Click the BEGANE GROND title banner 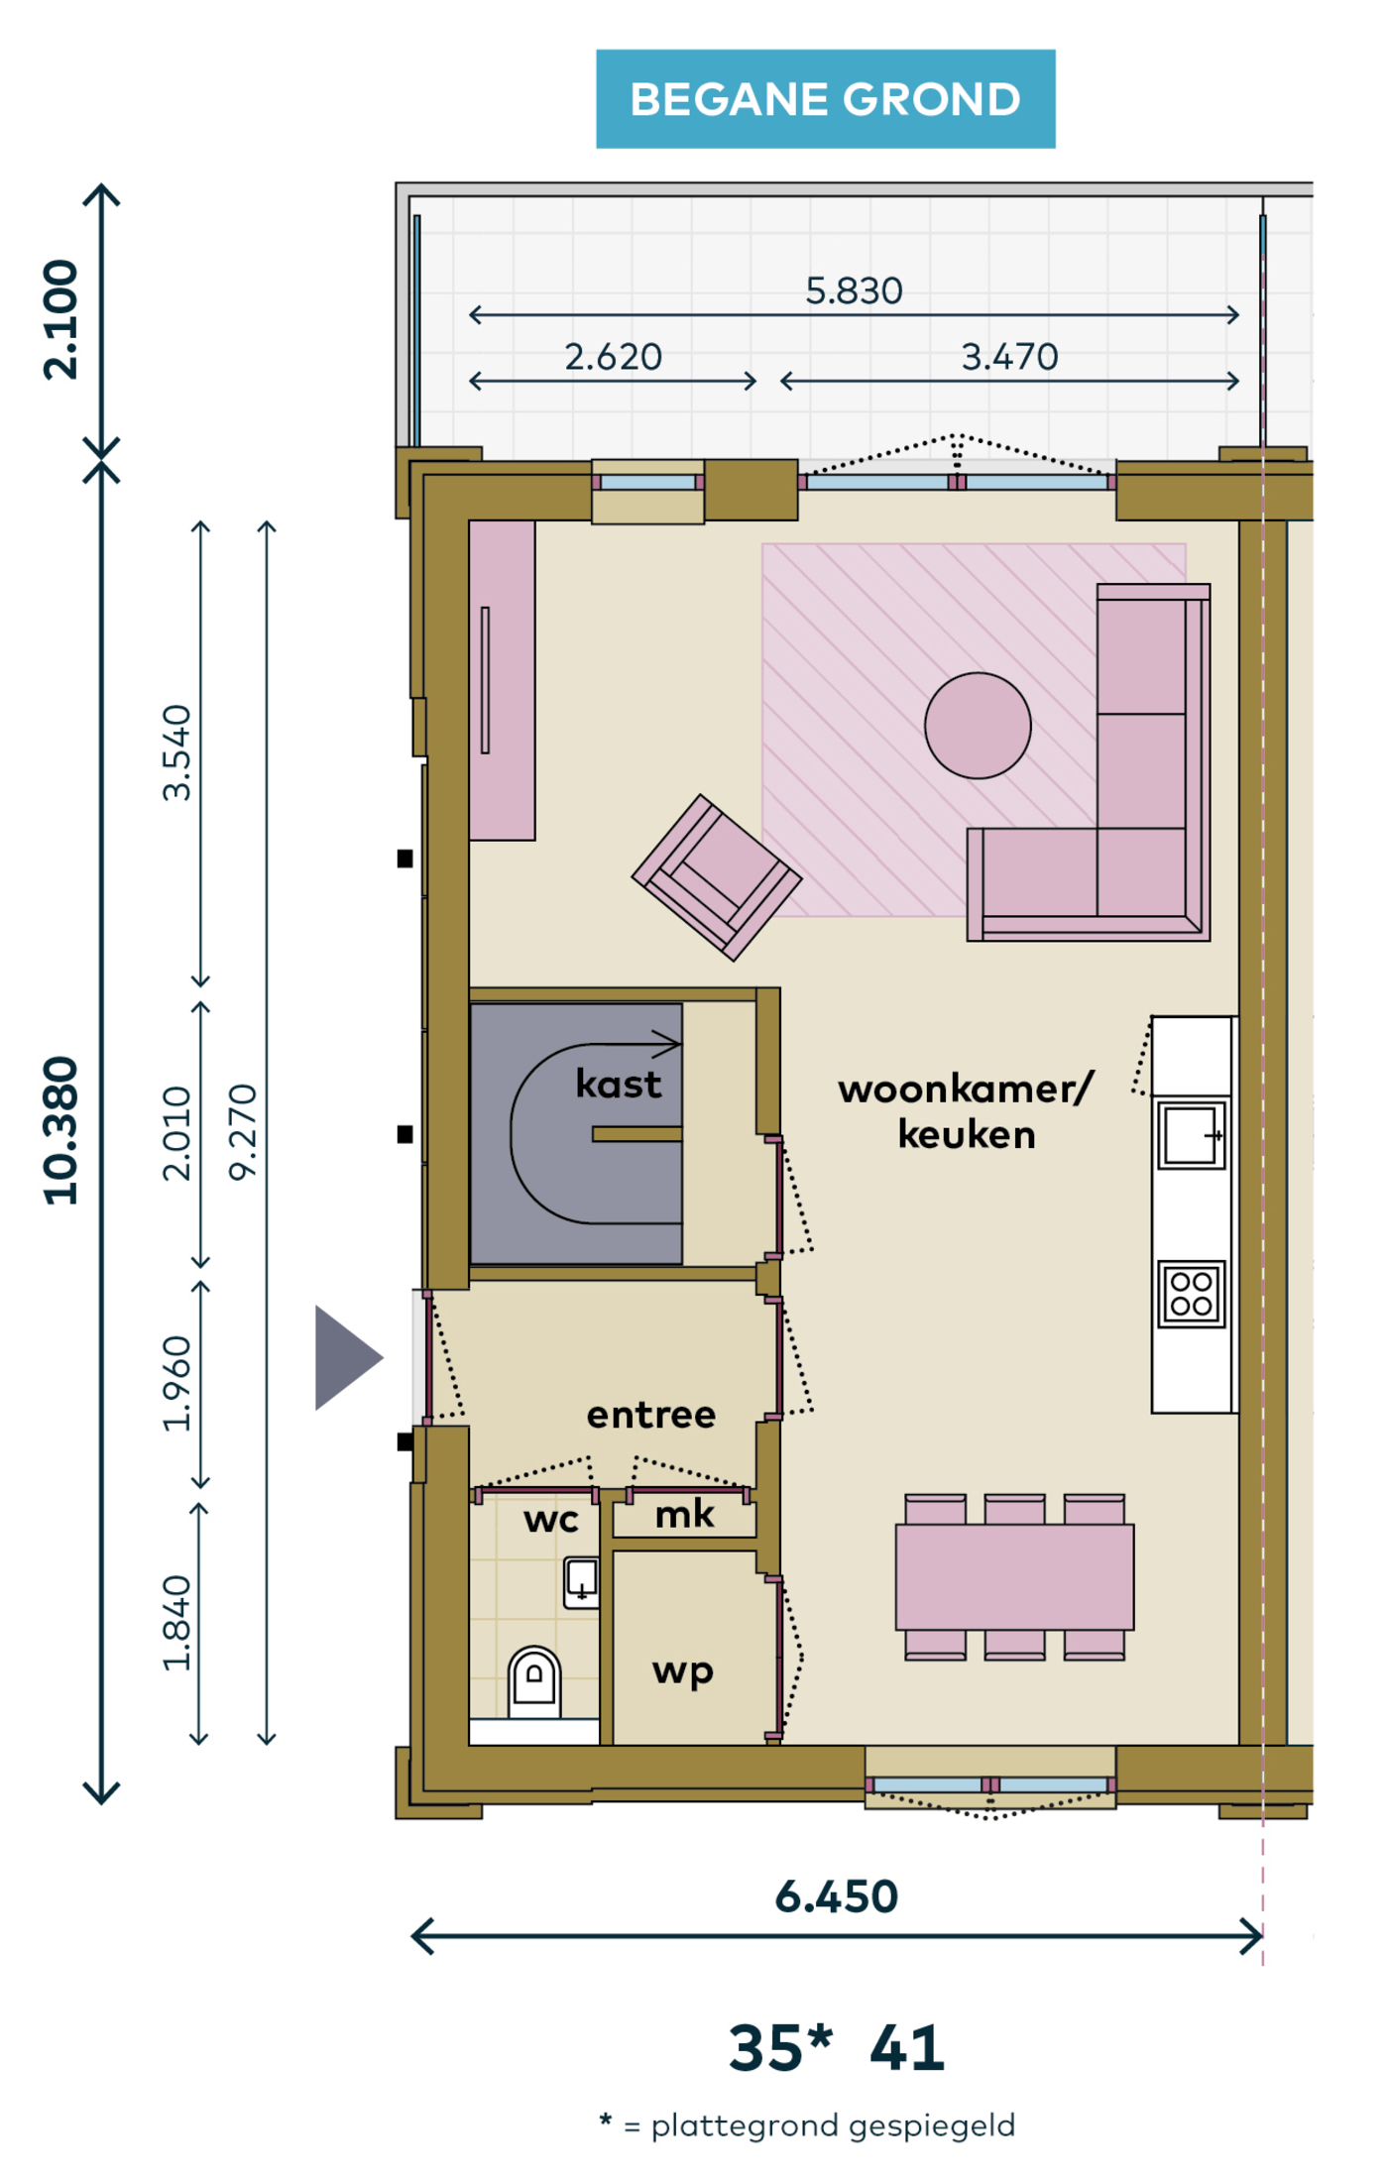coord(825,99)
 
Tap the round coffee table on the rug coord(978,726)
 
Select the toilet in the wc coord(534,1681)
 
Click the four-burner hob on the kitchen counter coord(1191,1294)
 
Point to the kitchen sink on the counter coord(1192,1134)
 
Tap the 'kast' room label coord(619,1084)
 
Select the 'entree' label coord(651,1415)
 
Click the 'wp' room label coord(683,1672)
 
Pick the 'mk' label coord(684,1514)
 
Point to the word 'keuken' coord(967,1134)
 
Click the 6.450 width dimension coord(837,1896)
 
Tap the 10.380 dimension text coord(61,1131)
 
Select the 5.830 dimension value coord(854,291)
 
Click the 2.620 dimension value coord(614,357)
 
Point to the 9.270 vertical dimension coord(243,1131)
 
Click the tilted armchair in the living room coord(717,877)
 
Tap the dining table coord(1014,1576)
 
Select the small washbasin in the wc coord(581,1581)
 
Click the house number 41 coord(907,2049)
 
